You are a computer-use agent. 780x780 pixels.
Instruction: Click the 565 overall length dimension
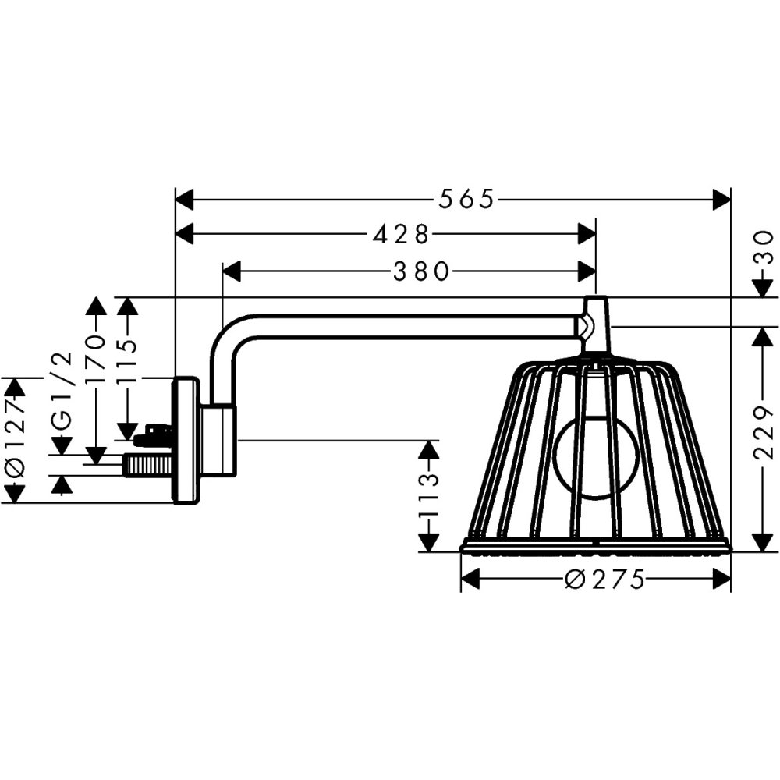pos(466,200)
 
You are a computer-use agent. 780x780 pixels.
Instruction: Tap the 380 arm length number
pos(421,271)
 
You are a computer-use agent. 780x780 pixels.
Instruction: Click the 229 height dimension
pos(768,433)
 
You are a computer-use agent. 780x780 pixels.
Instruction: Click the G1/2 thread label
pos(63,390)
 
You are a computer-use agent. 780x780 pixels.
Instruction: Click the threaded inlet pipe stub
pos(147,466)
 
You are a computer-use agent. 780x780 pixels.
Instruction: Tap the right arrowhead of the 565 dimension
pos(721,200)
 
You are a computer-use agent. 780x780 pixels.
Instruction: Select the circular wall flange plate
pos(186,441)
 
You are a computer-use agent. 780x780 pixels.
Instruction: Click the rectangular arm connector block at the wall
pos(219,440)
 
